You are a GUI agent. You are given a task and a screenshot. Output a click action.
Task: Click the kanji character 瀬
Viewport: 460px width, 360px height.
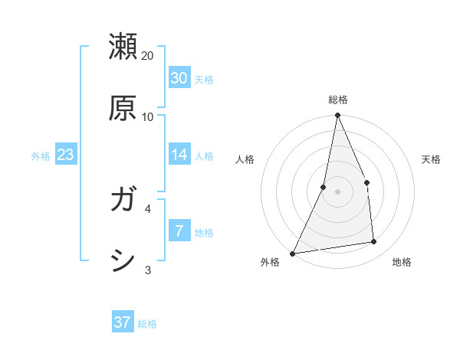click(123, 47)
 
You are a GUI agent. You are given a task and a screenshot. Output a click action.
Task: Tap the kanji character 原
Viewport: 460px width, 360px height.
click(123, 108)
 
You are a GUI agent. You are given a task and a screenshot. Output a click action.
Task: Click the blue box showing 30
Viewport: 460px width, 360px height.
click(179, 77)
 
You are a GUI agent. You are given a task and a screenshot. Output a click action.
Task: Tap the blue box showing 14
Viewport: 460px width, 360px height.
click(179, 155)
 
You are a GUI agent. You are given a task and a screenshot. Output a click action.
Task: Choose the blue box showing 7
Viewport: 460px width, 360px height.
click(179, 230)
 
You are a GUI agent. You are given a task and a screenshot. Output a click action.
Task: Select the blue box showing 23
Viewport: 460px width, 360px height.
click(66, 155)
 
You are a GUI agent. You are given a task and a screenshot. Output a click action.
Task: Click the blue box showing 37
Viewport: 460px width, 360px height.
click(122, 322)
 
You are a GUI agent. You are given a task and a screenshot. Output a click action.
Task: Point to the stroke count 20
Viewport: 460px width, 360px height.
click(148, 56)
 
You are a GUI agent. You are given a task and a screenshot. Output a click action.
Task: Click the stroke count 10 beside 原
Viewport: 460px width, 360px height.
click(148, 117)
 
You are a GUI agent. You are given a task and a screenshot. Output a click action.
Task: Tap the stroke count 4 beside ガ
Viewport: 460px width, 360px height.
click(148, 208)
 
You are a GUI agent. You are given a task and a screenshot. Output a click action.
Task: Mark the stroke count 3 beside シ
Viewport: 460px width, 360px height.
click(148, 270)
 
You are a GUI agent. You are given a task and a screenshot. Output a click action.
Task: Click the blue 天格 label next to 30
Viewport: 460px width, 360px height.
click(204, 79)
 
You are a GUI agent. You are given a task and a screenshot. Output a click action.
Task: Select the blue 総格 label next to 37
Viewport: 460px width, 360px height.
click(147, 324)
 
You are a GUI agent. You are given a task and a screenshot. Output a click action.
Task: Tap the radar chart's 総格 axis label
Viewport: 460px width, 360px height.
click(338, 100)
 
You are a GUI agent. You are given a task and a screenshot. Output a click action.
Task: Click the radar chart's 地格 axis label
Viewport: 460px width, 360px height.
click(402, 262)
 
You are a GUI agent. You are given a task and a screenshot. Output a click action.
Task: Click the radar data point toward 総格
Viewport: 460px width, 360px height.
click(337, 116)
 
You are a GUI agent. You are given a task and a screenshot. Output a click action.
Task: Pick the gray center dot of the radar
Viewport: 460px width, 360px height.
click(337, 191)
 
